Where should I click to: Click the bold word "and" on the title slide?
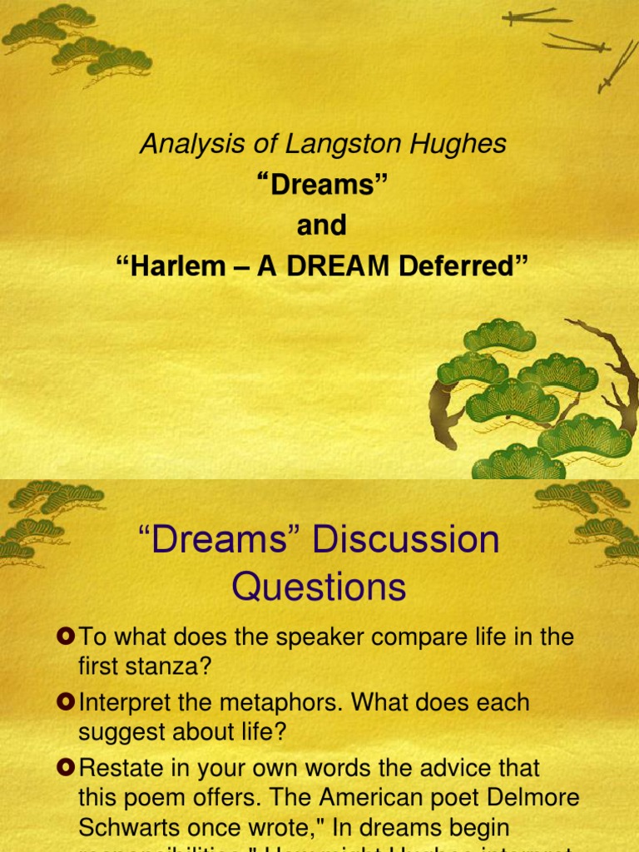[321, 225]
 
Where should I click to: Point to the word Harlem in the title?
[170, 266]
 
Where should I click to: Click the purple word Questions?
[319, 587]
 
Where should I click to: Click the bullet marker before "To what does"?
[66, 637]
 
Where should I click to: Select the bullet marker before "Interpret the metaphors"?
[66, 702]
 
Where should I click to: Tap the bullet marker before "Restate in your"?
[66, 767]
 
